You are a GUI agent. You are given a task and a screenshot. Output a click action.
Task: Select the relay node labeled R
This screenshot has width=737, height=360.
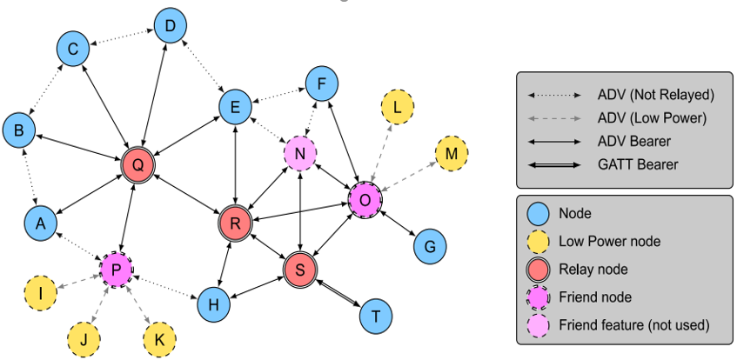[x=235, y=223]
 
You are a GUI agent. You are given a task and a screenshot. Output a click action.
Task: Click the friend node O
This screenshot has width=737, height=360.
[x=365, y=200]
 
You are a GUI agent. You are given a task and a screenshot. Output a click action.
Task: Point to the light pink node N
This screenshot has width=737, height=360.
[x=299, y=154]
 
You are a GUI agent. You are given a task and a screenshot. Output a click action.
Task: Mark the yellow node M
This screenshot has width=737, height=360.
[x=451, y=154]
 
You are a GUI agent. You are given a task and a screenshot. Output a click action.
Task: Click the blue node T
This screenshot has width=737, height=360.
[x=375, y=315]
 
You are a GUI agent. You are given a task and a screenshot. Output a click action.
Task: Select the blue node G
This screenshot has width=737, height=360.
[x=429, y=246]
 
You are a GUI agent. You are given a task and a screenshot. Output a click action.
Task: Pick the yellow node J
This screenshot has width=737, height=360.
[x=84, y=339]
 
